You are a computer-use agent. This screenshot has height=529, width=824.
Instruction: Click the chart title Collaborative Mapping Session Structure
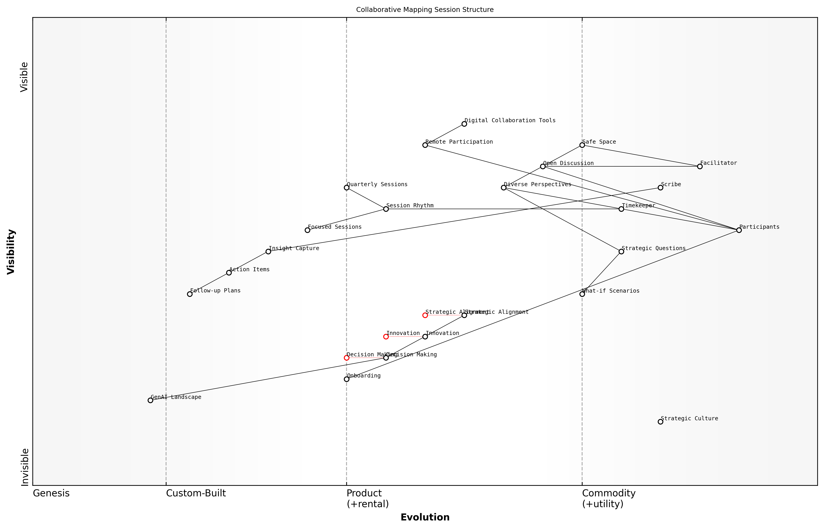pos(425,10)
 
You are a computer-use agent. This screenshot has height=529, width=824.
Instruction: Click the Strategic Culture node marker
pos(660,421)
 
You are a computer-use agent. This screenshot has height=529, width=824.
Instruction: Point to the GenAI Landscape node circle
pos(150,400)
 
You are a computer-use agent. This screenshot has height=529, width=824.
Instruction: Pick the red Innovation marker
pos(386,337)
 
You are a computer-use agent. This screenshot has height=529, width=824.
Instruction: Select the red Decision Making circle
pos(347,358)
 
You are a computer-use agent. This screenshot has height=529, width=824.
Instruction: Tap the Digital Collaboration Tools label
pos(510,120)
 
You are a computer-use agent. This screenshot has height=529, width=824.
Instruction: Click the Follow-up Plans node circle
pos(189,294)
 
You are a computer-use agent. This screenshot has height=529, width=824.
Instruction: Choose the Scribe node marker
pos(660,188)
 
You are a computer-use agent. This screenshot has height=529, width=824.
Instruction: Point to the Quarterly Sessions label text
pos(377,184)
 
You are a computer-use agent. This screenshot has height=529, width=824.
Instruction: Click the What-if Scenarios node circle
pos(582,294)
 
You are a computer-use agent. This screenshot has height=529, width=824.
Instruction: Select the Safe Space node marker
pos(582,145)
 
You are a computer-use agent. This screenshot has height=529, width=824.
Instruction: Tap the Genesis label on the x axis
pos(51,493)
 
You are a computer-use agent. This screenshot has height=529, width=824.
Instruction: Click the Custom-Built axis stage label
pos(196,493)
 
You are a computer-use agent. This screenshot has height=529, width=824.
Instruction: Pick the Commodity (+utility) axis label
pos(608,498)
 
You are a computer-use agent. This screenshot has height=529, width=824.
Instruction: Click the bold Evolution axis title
pos(425,517)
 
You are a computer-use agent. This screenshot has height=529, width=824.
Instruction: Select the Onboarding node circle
pos(347,379)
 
